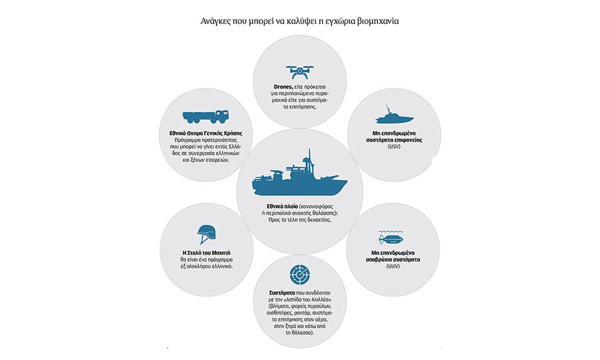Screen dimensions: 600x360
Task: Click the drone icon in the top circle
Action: [x=299, y=71]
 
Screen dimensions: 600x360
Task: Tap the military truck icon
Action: [x=205, y=117]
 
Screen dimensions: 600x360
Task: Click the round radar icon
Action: [x=299, y=274]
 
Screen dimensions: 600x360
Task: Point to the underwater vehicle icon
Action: [x=391, y=239]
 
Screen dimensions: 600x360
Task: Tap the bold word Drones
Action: [x=283, y=87]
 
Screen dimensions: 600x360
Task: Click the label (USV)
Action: [x=394, y=147]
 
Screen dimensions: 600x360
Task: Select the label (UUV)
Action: [x=393, y=266]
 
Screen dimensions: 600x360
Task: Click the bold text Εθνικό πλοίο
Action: [x=283, y=207]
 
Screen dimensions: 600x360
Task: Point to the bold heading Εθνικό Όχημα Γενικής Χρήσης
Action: [x=206, y=133]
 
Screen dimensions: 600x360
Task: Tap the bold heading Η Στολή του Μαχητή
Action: [x=207, y=253]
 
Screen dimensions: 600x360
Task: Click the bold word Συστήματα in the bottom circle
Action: [x=282, y=293]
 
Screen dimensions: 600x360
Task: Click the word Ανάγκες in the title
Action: [x=215, y=21]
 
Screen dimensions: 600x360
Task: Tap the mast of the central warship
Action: [x=309, y=161]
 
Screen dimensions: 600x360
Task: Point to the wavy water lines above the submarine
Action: [x=391, y=232]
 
